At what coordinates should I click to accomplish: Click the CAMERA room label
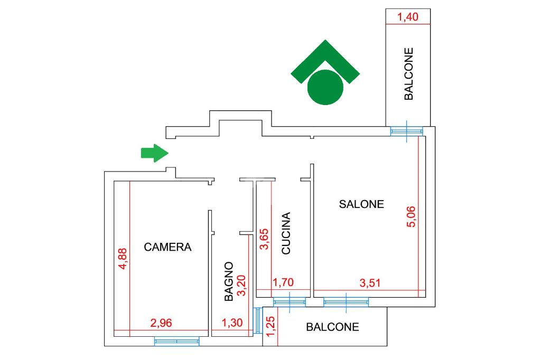pyautogui.click(x=167, y=247)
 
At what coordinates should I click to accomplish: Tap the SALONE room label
pyautogui.click(x=361, y=204)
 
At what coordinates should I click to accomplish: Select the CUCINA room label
pyautogui.click(x=286, y=233)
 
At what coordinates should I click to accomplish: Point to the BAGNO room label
pyautogui.click(x=229, y=281)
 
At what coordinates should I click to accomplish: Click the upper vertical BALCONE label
pyautogui.click(x=408, y=74)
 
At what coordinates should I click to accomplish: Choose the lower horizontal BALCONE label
pyautogui.click(x=332, y=327)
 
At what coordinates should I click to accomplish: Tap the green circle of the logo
pyautogui.click(x=325, y=87)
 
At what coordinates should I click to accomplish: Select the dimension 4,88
pyautogui.click(x=123, y=259)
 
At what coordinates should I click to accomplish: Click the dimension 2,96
pyautogui.click(x=161, y=323)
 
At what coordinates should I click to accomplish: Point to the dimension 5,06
pyautogui.click(x=411, y=216)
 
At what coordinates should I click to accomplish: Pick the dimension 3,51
pyautogui.click(x=370, y=283)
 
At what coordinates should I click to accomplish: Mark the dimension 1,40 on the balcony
pyautogui.click(x=408, y=17)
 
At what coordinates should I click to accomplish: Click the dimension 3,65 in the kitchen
pyautogui.click(x=264, y=239)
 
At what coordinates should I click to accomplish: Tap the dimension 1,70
pyautogui.click(x=283, y=283)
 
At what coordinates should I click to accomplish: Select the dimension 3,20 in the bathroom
pyautogui.click(x=242, y=285)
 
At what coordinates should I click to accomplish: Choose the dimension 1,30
pyautogui.click(x=232, y=323)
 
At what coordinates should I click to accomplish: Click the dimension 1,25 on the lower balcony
pyautogui.click(x=271, y=327)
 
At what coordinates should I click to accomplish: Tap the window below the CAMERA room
pyautogui.click(x=176, y=342)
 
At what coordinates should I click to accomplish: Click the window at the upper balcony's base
pyautogui.click(x=407, y=131)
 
